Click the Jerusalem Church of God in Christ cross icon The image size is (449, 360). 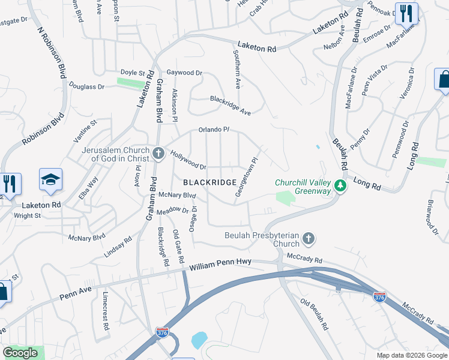click(x=158, y=154)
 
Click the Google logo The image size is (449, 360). click(x=20, y=353)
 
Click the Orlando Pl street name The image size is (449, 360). click(x=214, y=129)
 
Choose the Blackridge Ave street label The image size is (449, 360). click(x=230, y=104)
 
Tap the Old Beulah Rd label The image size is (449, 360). click(x=314, y=316)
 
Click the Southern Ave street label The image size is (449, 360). click(x=237, y=69)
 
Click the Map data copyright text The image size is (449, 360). click(x=411, y=355)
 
